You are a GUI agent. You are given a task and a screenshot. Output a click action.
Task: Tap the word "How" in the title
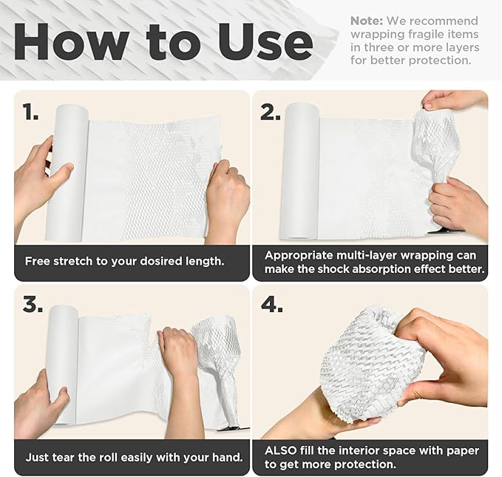[69, 41]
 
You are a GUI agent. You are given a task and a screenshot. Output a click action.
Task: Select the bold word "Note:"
[367, 21]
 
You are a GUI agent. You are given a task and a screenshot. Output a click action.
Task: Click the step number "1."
[31, 112]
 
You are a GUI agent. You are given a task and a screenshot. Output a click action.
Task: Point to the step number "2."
[271, 112]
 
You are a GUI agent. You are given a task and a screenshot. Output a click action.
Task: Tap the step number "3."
[33, 304]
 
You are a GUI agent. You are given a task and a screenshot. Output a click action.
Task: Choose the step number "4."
[272, 304]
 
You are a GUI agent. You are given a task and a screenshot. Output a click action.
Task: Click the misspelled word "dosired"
[162, 261]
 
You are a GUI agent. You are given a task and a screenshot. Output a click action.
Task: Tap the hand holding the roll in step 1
[38, 180]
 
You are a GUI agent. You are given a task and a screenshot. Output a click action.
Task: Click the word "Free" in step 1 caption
[38, 261]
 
